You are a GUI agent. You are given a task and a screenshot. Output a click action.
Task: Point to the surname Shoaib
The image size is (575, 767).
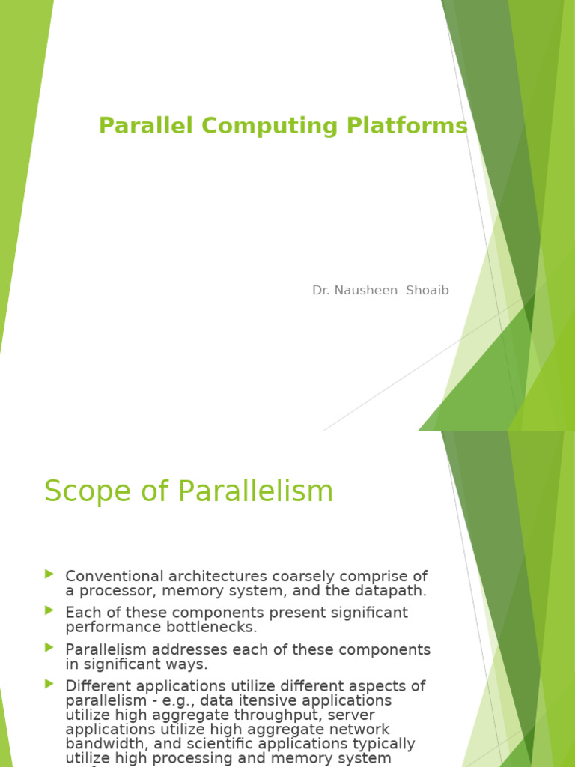(x=427, y=291)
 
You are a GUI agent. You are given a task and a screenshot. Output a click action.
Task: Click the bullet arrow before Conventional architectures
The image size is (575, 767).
(x=49, y=575)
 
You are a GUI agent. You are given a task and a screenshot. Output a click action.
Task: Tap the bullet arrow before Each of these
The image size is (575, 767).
(x=49, y=611)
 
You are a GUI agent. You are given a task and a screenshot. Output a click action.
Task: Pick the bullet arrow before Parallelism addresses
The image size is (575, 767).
(x=49, y=647)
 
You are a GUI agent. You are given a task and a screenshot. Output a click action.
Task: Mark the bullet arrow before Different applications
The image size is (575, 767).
(x=49, y=684)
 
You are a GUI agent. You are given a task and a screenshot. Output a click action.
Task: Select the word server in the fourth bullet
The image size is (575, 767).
(x=352, y=715)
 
